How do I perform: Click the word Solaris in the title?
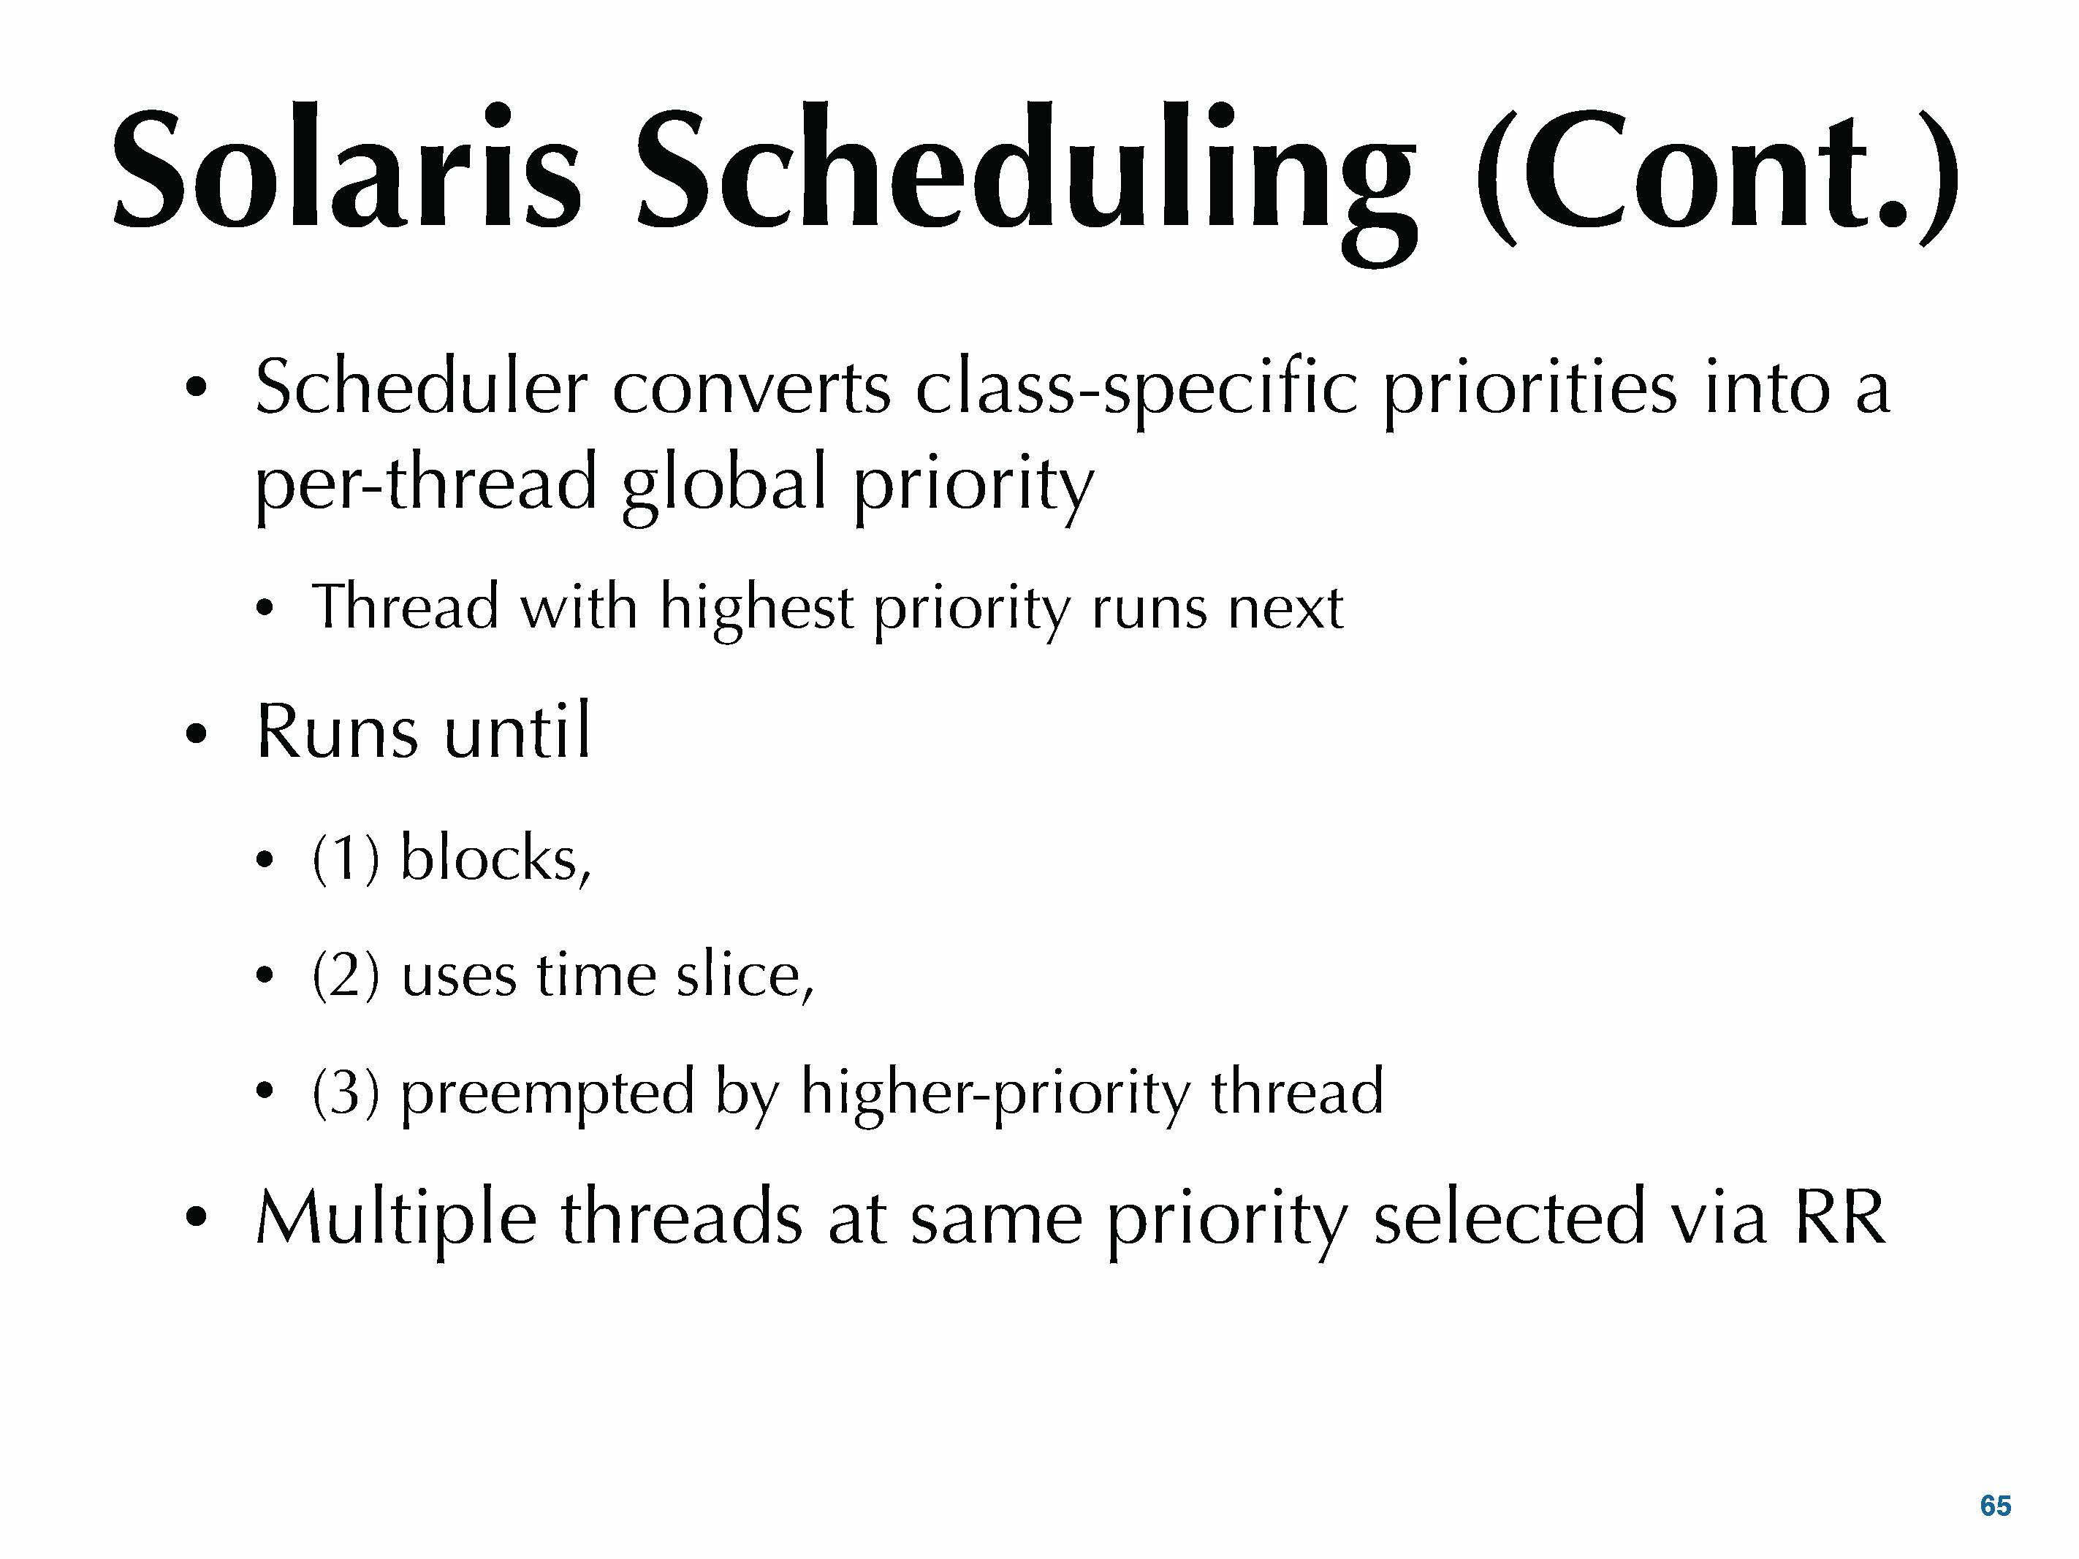tap(347, 168)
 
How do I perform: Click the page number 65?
tap(1996, 1506)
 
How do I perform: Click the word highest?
tap(756, 609)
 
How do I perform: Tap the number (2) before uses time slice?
tap(346, 975)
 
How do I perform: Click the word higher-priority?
tap(995, 1094)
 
